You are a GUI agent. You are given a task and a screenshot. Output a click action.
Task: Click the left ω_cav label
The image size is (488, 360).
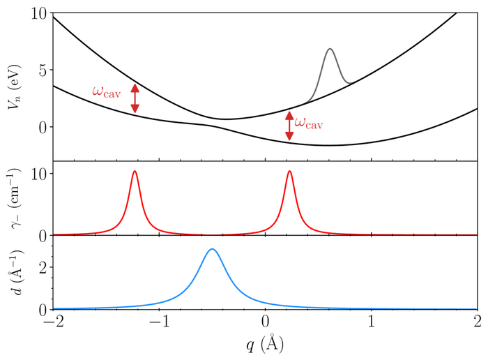point(108,91)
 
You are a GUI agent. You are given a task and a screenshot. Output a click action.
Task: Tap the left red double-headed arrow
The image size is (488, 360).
point(135,98)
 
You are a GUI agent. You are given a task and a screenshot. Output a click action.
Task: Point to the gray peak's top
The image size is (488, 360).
point(330,49)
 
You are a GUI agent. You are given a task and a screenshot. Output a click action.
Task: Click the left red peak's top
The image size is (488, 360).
point(134,171)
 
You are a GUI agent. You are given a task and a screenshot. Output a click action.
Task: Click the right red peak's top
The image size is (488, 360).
point(289,171)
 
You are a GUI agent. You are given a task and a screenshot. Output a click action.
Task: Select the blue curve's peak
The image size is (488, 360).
point(212,249)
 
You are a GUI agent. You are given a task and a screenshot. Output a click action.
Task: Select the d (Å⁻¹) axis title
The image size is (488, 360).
point(16,274)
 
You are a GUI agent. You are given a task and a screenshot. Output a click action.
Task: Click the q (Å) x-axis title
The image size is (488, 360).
point(264,343)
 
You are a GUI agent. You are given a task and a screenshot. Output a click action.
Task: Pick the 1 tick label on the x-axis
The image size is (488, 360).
point(371,323)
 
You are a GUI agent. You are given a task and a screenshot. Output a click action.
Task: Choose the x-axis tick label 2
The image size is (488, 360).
point(478,323)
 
